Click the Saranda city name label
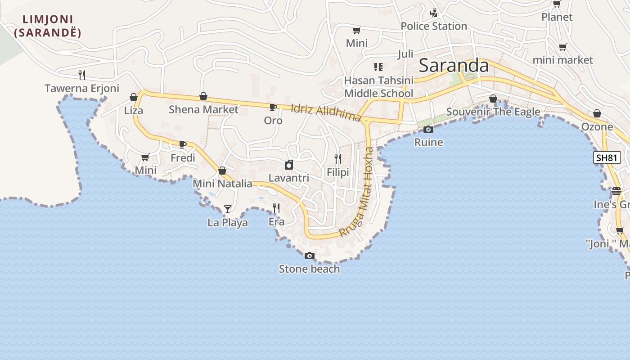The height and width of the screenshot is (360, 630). click(x=454, y=66)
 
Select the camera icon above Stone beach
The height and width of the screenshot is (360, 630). click(x=310, y=256)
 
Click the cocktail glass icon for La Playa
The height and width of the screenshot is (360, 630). click(x=227, y=209)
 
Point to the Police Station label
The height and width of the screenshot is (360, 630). click(x=434, y=26)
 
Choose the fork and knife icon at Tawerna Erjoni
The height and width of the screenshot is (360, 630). click(x=82, y=75)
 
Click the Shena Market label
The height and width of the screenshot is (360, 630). click(x=203, y=109)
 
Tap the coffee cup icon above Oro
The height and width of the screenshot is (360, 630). click(x=273, y=107)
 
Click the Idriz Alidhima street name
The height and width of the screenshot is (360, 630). click(x=326, y=112)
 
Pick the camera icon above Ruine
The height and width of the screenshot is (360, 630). click(x=428, y=130)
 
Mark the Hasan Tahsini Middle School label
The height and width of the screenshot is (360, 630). click(x=378, y=87)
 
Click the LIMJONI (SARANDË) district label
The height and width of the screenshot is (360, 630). click(x=48, y=26)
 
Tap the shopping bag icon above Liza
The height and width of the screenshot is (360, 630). click(x=134, y=97)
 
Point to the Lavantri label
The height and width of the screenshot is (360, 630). click(x=289, y=178)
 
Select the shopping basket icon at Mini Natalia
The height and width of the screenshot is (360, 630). click(x=222, y=171)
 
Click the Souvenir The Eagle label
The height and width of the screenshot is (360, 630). click(x=493, y=112)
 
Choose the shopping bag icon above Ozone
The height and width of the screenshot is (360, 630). click(x=597, y=113)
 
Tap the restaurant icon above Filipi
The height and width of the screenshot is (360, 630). click(x=338, y=158)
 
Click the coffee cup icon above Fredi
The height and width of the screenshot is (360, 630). click(x=182, y=144)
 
